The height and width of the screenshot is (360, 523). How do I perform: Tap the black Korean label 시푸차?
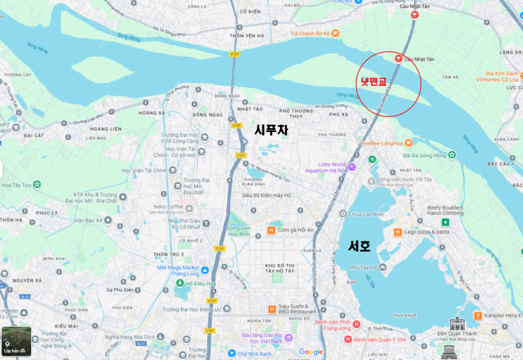click(x=271, y=130)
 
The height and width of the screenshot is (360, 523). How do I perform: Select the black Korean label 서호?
click(x=359, y=246)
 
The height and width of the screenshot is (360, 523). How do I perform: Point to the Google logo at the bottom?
click(x=311, y=352)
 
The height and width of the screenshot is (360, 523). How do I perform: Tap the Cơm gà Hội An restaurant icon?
click(x=271, y=230)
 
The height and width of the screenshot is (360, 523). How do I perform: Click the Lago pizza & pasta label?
click(x=426, y=231)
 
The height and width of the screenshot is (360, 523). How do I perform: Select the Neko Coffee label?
click(x=168, y=206)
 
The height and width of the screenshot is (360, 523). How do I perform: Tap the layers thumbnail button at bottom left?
click(x=15, y=342)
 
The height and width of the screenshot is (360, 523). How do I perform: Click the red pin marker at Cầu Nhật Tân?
click(x=399, y=59)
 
